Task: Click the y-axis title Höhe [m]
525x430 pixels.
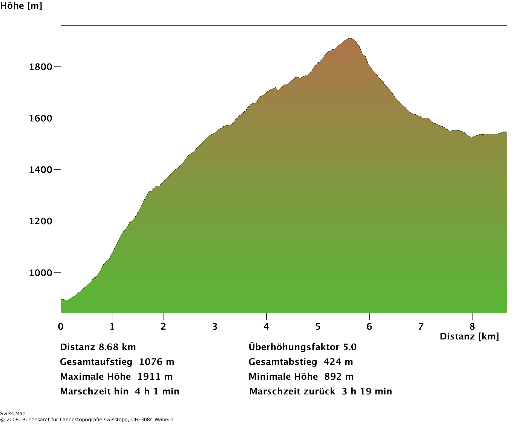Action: [21, 6]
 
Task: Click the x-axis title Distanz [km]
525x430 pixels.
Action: [469, 336]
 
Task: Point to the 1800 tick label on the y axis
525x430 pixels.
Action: [40, 67]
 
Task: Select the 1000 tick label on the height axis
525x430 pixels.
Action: [40, 273]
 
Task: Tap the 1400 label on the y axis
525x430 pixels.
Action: [40, 170]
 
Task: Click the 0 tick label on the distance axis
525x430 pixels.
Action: [61, 326]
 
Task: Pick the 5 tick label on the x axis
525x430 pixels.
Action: [318, 326]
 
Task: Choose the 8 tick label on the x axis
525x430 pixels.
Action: [472, 326]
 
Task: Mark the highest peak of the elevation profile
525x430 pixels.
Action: [350, 39]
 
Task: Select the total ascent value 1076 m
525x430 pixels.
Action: [156, 362]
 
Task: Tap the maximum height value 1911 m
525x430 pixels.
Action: [155, 377]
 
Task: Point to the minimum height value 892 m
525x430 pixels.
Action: [339, 377]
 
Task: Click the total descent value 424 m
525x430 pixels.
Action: [338, 362]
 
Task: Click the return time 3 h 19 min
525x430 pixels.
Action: [367, 391]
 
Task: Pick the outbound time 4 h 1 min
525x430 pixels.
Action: [157, 391]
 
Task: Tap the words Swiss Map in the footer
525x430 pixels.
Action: [13, 414]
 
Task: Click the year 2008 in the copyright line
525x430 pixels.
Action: [13, 420]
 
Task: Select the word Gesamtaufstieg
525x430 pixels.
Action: [96, 362]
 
